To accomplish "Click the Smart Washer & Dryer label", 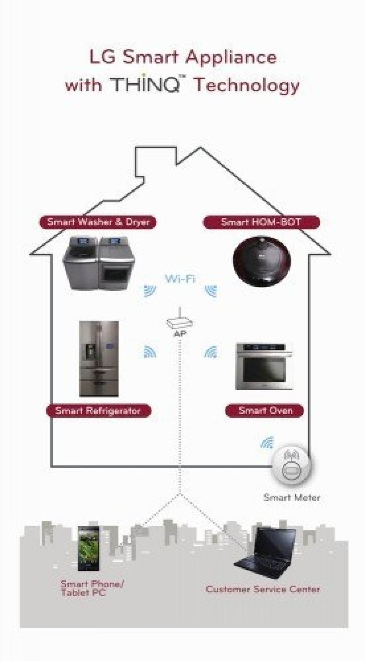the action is pyautogui.click(x=98, y=222).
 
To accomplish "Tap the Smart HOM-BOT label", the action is pyautogui.click(x=261, y=222).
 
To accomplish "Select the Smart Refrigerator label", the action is pyautogui.click(x=98, y=411).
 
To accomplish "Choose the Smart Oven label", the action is pyautogui.click(x=264, y=410).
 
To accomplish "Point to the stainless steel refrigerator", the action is pyautogui.click(x=99, y=359).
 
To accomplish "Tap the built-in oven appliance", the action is pyautogui.click(x=264, y=366).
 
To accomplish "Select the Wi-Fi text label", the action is pyautogui.click(x=180, y=279).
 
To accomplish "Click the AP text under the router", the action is pyautogui.click(x=180, y=334).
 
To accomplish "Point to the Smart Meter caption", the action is pyautogui.click(x=292, y=498).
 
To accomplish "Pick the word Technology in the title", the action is pyautogui.click(x=247, y=85).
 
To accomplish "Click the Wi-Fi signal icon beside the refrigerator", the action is pyautogui.click(x=150, y=352).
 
